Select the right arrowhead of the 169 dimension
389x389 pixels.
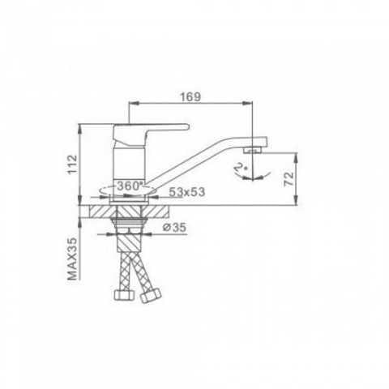(250, 103)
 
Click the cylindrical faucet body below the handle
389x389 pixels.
(130, 162)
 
